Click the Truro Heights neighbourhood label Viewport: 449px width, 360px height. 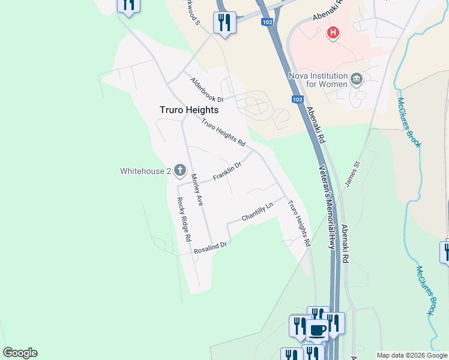coord(188,110)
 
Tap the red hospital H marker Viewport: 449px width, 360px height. coord(333,33)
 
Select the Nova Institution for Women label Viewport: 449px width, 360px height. coord(318,80)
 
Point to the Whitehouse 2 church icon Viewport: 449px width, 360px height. coord(180,171)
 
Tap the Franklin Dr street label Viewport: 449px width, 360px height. coord(227,172)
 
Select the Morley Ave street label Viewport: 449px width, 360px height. coord(197,190)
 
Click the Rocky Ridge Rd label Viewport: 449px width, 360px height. coord(184,219)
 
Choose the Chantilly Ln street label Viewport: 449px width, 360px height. coord(257,211)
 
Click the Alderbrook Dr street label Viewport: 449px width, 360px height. coord(206,90)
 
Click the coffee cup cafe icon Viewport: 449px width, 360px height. coord(316,329)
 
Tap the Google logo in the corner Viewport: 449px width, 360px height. coord(20,353)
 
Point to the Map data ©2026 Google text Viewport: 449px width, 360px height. coord(412,355)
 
